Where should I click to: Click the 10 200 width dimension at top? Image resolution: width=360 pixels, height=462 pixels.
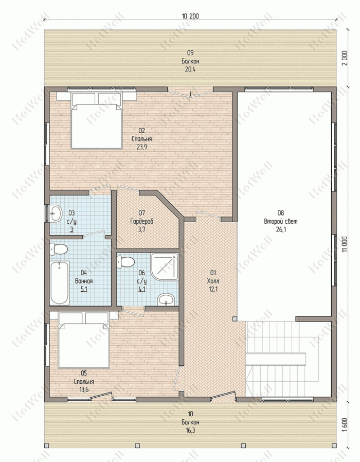coord(190,16)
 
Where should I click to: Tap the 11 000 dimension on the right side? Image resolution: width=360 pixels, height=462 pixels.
coord(345,244)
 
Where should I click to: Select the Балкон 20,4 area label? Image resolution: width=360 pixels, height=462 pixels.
coord(190,61)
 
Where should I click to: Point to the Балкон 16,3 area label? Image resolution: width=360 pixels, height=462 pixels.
coord(190,422)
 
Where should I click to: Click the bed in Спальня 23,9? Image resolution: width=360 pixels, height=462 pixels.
coord(96,121)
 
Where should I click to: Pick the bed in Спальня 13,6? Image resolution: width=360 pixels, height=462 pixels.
coord(84,340)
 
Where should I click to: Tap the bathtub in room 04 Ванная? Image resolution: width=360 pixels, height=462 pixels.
coord(59,283)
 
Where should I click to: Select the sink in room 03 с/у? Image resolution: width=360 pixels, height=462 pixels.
coord(55,214)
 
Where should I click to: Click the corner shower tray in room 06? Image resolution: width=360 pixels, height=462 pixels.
coord(165,266)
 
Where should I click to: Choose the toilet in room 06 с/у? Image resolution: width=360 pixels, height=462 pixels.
coord(125,262)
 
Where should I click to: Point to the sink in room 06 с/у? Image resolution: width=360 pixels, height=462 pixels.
coord(166,299)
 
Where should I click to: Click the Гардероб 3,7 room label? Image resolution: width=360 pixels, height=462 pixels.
coord(142,221)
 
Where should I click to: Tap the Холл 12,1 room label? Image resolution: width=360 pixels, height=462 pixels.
coord(213,281)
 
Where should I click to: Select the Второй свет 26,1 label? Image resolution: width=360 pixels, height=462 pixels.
coord(281,221)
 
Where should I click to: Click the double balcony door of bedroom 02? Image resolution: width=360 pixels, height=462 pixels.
coord(190,93)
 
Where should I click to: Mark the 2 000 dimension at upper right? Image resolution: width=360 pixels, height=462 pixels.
coord(345,58)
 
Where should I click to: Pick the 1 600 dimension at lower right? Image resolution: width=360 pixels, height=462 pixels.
coord(345,424)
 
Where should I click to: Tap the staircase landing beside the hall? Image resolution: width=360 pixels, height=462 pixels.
coord(276,359)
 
